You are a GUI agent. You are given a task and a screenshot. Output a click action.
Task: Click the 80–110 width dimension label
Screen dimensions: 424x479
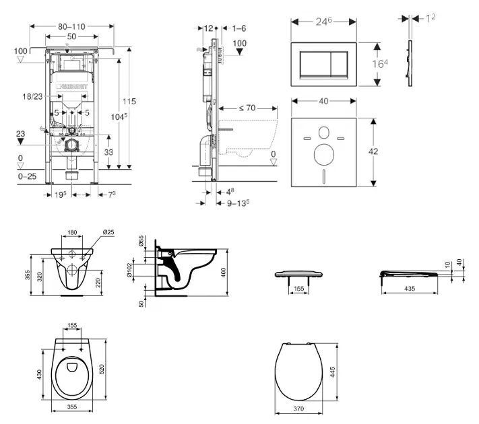(x=71, y=26)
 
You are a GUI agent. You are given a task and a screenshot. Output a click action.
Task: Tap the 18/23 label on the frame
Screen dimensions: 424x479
(x=34, y=98)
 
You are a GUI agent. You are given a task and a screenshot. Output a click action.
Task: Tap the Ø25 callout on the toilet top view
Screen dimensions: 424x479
(x=107, y=233)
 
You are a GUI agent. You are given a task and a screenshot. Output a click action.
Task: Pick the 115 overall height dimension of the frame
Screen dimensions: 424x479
(x=128, y=101)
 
